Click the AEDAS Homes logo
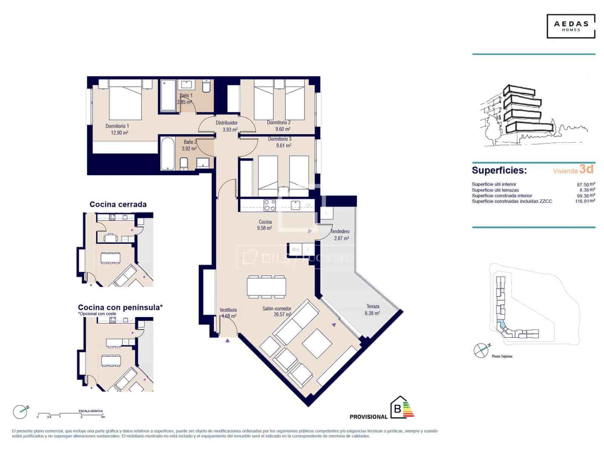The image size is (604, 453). [571, 26]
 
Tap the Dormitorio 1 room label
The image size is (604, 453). [117, 126]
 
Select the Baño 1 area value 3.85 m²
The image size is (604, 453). [185, 102]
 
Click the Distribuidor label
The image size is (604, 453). [226, 123]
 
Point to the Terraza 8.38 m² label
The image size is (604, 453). [372, 310]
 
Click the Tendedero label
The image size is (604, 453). [340, 231]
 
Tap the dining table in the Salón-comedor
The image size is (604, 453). [266, 286]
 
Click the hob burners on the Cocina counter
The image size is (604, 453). [270, 205]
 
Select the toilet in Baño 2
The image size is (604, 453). [184, 164]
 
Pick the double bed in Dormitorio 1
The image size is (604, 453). [125, 101]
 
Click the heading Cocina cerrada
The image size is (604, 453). [118, 205]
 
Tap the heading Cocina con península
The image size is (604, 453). [120, 308]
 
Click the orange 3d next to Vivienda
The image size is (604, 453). [586, 169]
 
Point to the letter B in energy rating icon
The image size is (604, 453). [397, 408]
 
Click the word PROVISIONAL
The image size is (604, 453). [368, 417]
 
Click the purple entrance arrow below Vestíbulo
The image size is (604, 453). [228, 341]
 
